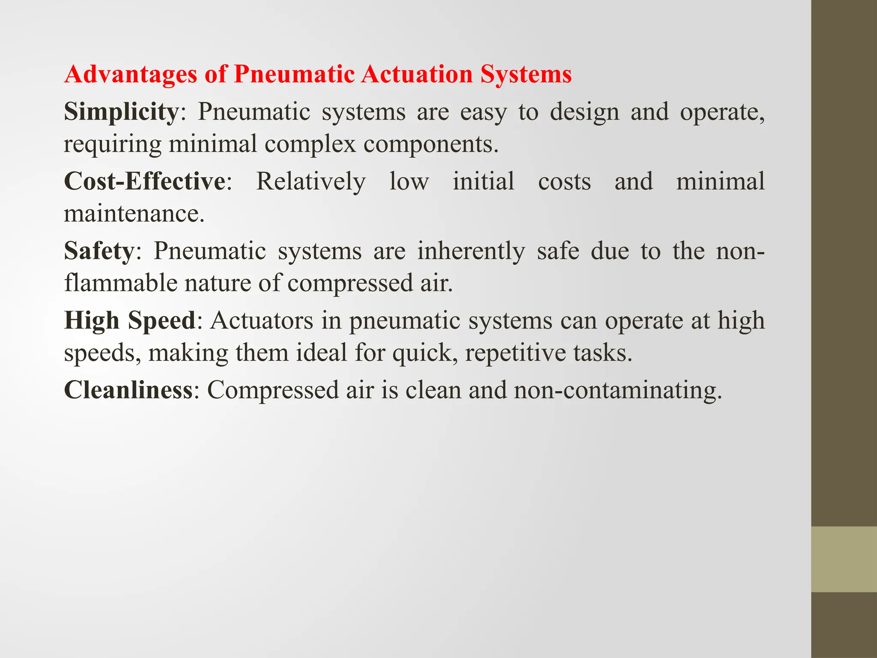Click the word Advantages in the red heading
click(131, 74)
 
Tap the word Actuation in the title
click(416, 74)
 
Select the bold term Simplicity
click(121, 112)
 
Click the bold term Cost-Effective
click(145, 181)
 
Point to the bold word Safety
click(99, 251)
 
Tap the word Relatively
click(311, 181)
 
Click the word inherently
click(471, 251)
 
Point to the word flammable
click(120, 283)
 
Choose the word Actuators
click(262, 320)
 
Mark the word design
click(585, 112)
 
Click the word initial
click(483, 181)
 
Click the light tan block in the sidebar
click(844, 559)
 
